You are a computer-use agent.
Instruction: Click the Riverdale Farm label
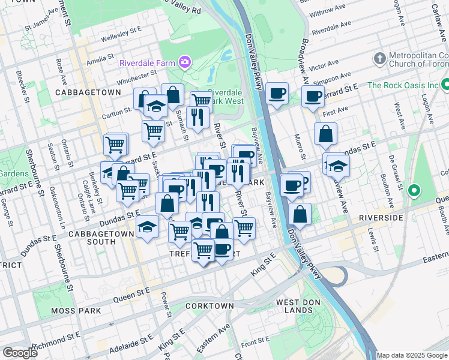(x=146, y=62)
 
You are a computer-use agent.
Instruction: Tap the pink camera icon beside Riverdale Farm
(x=184, y=62)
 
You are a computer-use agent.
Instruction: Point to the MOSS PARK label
(x=79, y=310)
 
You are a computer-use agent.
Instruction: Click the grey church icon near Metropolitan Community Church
(x=379, y=59)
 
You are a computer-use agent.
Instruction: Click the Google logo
(x=20, y=352)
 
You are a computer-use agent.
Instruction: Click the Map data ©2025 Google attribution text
(x=411, y=355)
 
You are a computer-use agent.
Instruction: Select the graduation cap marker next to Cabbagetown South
(x=147, y=227)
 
